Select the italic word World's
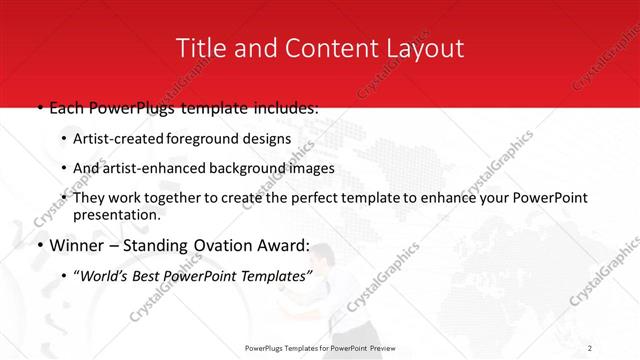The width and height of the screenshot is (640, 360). [x=102, y=274]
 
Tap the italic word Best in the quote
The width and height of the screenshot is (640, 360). [x=146, y=274]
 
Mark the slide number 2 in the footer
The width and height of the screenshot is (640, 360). [x=590, y=348]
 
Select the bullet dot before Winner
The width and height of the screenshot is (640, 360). [x=40, y=245]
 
